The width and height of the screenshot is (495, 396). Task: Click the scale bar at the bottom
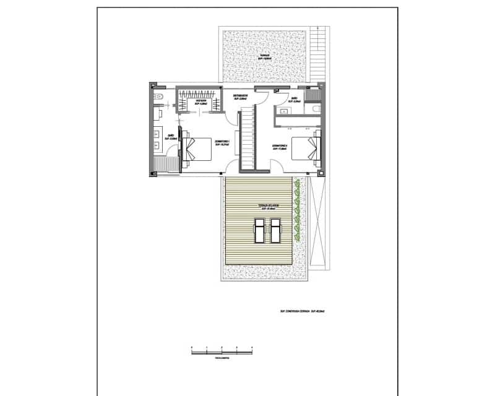point(222,351)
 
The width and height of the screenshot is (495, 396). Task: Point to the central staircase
point(247,139)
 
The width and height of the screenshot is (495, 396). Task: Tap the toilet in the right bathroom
point(316,109)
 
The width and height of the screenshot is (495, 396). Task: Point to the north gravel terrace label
point(264,57)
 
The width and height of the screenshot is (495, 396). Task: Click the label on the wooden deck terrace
point(260,207)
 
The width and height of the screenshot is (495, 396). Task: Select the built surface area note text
point(303,312)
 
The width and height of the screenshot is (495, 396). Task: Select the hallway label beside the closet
point(240,97)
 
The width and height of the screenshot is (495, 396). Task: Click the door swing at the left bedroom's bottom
point(231,166)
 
